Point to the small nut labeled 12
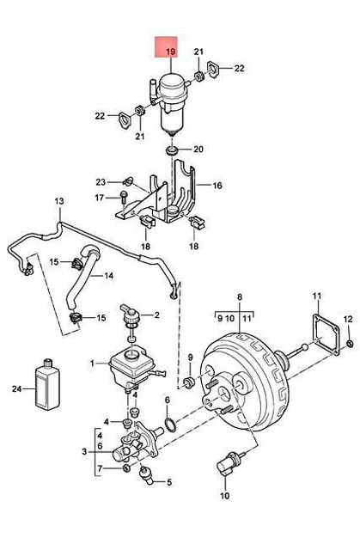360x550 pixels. pos(351,345)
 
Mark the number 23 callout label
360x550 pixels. pos(101,181)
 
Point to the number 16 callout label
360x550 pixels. pos(217,185)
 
